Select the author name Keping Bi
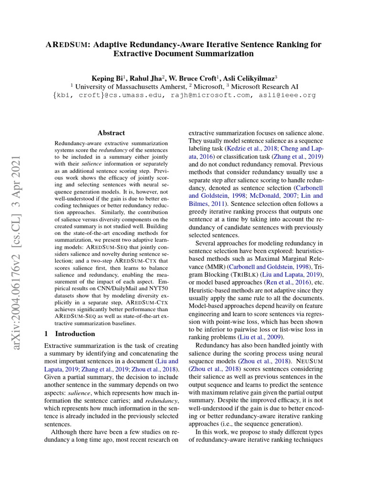click(x=107, y=78)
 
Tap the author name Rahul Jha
click(x=145, y=78)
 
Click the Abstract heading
click(x=111, y=133)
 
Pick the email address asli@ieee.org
click(x=288, y=95)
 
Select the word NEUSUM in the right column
click(x=309, y=360)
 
